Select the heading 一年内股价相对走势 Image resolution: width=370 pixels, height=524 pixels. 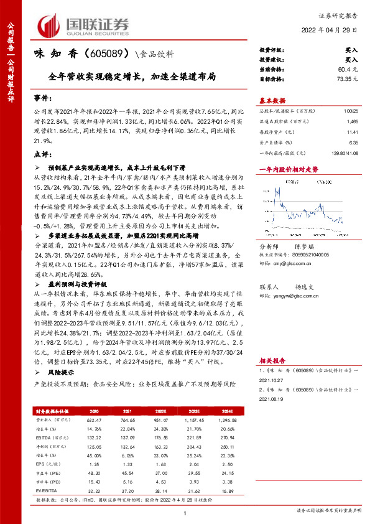pyautogui.click(x=289, y=169)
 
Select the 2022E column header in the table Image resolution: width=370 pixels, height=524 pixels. pyautogui.click(x=160, y=411)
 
